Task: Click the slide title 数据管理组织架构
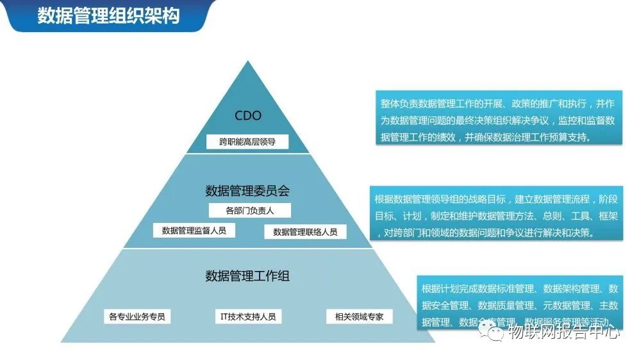click(108, 16)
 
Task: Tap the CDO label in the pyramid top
click(247, 116)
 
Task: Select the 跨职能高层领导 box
click(247, 142)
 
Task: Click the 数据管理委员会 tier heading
click(247, 191)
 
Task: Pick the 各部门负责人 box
click(249, 210)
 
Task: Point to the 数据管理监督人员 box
click(194, 230)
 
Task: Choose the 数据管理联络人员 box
click(305, 232)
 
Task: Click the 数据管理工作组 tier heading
click(247, 276)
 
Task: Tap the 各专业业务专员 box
click(137, 316)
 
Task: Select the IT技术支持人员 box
click(248, 316)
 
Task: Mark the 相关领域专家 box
click(359, 316)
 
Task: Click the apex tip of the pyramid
click(247, 62)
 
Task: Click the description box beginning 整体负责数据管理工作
click(498, 120)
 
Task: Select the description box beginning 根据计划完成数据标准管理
click(519, 304)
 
